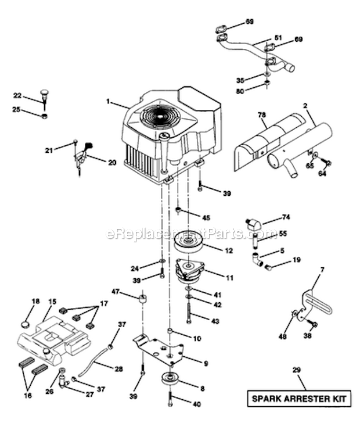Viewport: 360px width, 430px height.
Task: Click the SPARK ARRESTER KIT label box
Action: pos(300,399)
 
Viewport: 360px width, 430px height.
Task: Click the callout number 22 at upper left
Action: pos(17,95)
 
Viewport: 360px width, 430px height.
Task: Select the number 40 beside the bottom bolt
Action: pos(197,404)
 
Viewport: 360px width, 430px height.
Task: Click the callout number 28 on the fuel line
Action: pos(118,369)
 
